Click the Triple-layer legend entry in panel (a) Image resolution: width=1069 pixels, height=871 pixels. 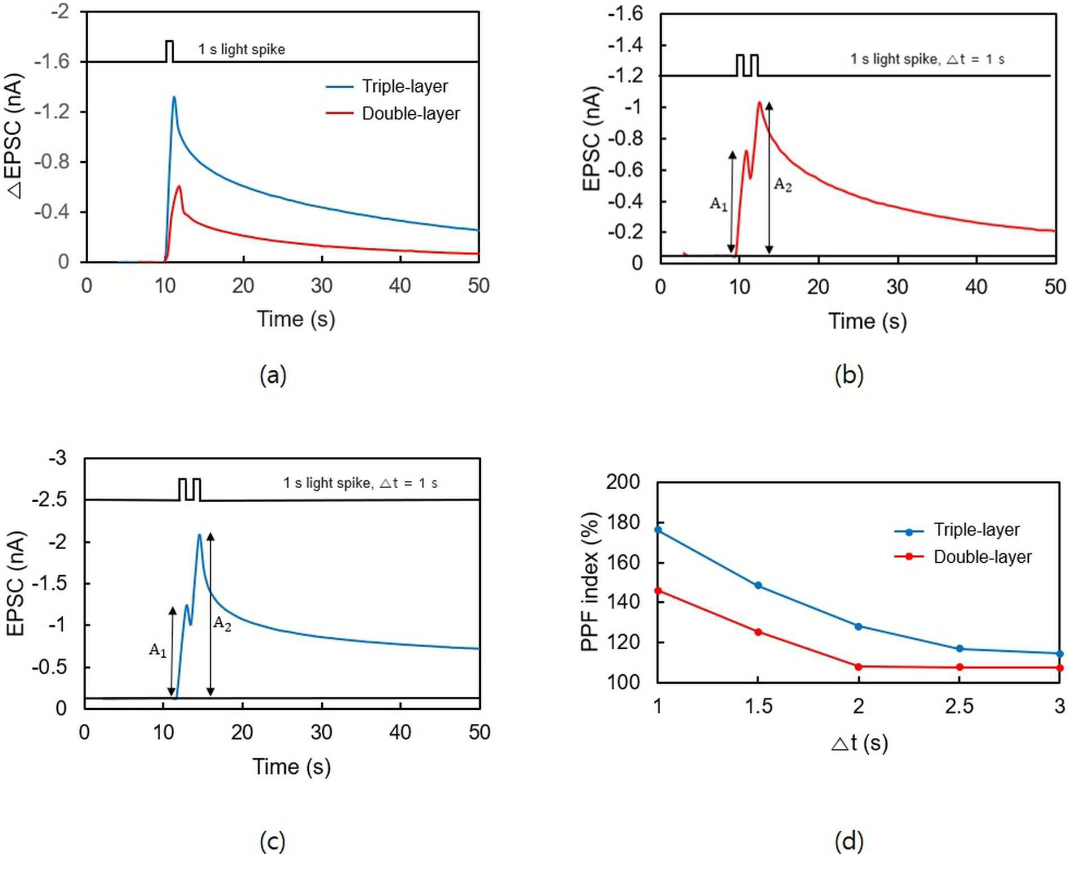click(x=387, y=87)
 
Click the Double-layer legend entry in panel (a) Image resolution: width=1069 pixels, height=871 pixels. click(x=393, y=114)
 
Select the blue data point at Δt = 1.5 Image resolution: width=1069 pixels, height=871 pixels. click(x=758, y=585)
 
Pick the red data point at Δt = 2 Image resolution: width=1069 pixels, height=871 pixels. click(x=859, y=667)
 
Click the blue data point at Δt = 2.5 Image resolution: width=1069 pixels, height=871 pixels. click(x=959, y=649)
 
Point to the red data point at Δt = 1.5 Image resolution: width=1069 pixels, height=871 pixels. click(x=758, y=632)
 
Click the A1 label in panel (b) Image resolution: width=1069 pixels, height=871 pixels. click(x=719, y=204)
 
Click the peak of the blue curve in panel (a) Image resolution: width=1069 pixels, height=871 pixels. click(x=174, y=97)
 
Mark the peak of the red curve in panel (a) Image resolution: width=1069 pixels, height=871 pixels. click(x=179, y=186)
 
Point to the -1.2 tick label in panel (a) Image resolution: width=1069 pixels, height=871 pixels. click(x=53, y=111)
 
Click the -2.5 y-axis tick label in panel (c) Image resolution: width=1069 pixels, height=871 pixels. click(x=50, y=500)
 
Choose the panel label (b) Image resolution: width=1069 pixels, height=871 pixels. click(x=849, y=375)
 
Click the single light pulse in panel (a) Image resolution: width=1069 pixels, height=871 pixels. click(x=170, y=51)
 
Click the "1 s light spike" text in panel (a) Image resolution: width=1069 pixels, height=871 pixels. click(x=242, y=49)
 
